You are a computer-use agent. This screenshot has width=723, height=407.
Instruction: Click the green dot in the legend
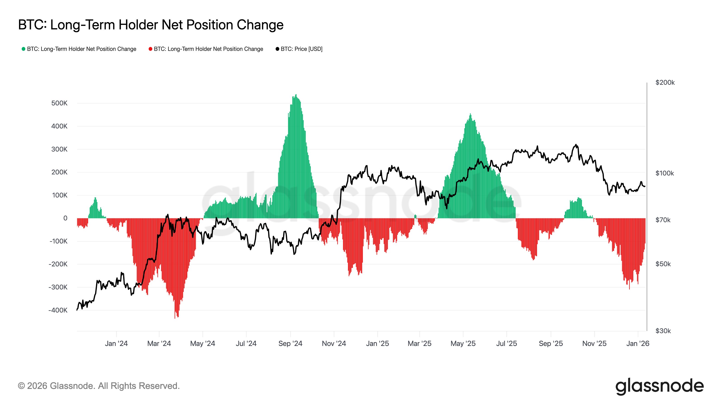(x=23, y=49)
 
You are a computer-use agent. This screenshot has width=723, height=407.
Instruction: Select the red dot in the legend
(x=150, y=49)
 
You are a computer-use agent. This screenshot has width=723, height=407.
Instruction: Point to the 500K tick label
(x=59, y=103)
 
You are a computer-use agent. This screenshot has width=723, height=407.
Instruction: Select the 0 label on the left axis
(x=65, y=218)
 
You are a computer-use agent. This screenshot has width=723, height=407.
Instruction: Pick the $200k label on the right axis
(x=665, y=82)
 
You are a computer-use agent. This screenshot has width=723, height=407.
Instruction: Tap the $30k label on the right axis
(x=663, y=331)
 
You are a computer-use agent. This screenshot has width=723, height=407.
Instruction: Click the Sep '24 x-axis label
(x=290, y=343)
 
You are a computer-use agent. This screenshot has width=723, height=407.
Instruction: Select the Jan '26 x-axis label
(x=638, y=343)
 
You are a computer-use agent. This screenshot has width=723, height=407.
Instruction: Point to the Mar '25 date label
(x=419, y=343)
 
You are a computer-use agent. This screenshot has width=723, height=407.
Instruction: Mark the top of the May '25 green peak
(x=470, y=114)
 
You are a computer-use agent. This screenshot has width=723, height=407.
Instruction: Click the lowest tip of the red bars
(x=175, y=318)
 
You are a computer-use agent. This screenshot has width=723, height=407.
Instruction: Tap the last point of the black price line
(x=645, y=186)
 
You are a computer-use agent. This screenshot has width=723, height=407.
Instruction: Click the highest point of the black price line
(x=576, y=145)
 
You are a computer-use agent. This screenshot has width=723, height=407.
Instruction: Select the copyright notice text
(x=99, y=386)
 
